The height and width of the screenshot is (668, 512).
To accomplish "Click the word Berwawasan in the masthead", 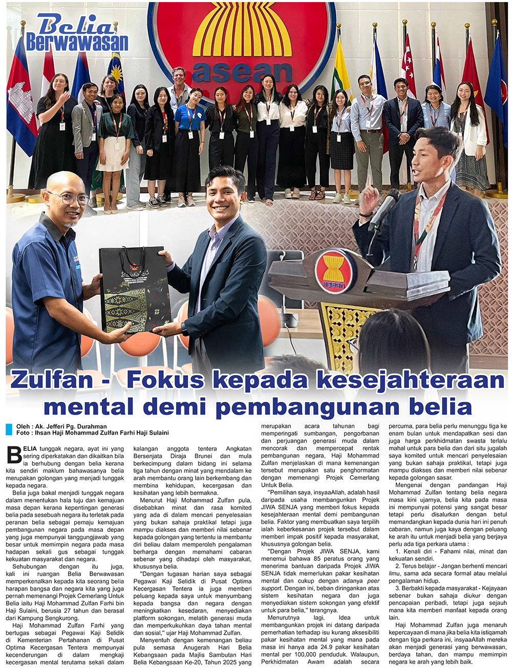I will (77, 42).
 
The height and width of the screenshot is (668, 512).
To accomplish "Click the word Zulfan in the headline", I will (52, 380).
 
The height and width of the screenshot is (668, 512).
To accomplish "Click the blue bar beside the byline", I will (9, 429).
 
